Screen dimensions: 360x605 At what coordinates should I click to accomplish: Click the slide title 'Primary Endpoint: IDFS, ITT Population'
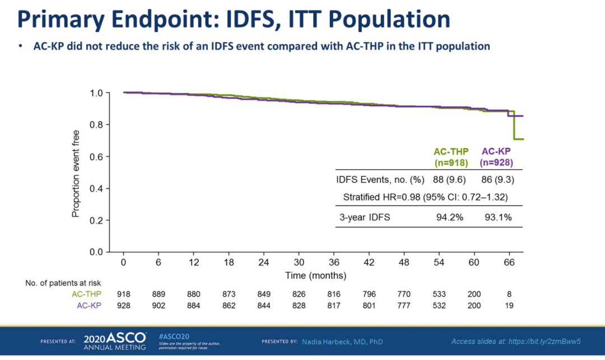click(234, 20)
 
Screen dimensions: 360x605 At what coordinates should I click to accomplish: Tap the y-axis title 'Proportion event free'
click(76, 174)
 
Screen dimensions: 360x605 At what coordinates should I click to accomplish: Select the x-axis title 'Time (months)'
click(316, 275)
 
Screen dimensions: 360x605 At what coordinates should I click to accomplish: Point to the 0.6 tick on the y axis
click(96, 157)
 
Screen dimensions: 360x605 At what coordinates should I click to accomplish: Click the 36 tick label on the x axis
click(334, 262)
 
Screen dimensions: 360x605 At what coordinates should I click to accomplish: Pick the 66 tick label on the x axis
click(509, 262)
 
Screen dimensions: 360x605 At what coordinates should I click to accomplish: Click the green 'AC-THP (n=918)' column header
click(451, 157)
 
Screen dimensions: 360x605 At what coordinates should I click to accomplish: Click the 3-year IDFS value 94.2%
click(450, 217)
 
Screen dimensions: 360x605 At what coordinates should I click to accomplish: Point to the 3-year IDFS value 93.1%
click(498, 217)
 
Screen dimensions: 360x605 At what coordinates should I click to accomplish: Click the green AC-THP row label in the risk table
click(86, 294)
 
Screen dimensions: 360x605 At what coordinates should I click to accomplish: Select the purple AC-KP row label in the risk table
click(89, 306)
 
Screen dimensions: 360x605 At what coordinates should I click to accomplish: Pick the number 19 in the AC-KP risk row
click(509, 306)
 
